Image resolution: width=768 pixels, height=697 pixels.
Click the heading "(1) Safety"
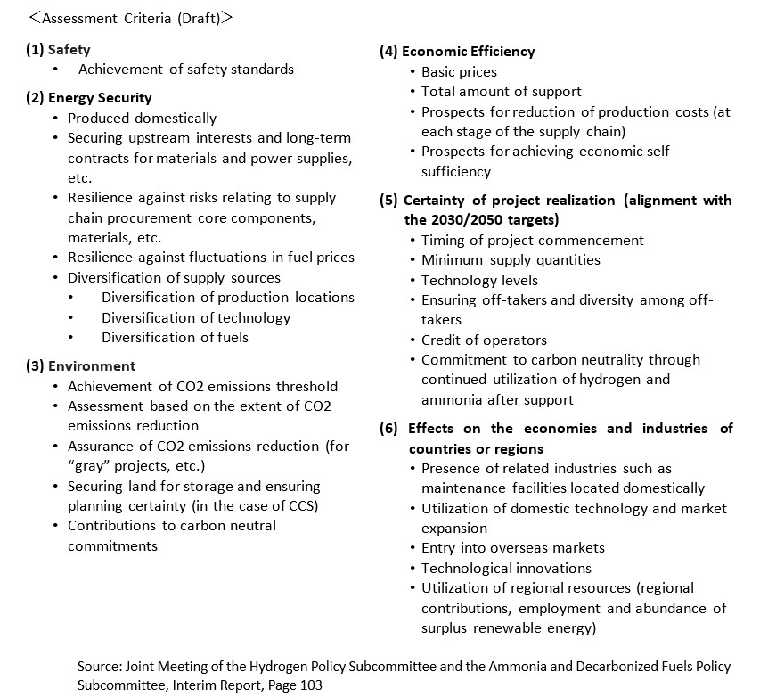(58, 50)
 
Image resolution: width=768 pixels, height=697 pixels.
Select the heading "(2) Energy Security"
(88, 98)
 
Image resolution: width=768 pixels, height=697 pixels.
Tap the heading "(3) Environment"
(80, 365)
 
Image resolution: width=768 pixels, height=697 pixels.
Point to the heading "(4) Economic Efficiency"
(457, 52)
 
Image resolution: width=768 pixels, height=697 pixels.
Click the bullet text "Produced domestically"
(142, 118)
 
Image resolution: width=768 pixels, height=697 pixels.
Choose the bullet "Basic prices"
(459, 71)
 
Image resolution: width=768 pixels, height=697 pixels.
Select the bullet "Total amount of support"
(501, 91)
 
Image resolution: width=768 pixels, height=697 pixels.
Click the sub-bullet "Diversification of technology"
(196, 317)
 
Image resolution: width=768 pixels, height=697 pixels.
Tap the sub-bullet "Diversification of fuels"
(175, 337)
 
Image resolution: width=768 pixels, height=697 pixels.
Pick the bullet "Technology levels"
(479, 280)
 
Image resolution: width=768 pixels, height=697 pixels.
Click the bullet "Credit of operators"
(484, 340)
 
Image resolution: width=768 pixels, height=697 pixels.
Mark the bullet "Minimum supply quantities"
(511, 259)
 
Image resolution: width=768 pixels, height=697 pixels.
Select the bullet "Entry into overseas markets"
(512, 547)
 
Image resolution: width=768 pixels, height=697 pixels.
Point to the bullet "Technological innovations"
(506, 568)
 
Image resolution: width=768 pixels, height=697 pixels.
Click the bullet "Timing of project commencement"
(532, 240)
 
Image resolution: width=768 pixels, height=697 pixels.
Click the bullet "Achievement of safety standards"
(186, 69)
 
